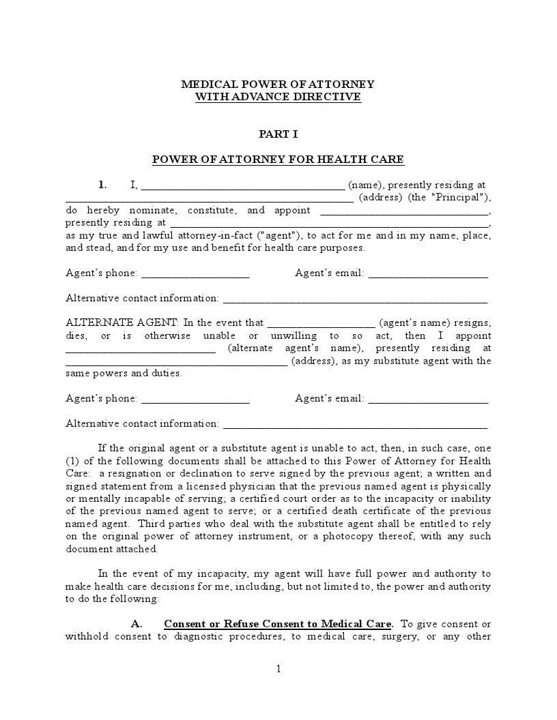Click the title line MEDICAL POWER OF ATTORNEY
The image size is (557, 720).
278,85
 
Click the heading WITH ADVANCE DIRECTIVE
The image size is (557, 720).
278,97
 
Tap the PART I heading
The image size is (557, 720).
278,134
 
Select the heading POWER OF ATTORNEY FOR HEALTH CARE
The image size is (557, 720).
278,160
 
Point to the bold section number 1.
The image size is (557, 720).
102,185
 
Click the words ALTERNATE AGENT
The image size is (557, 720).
122,323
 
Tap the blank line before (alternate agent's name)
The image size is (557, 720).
141,349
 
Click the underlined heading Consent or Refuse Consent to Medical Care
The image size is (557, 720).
278,625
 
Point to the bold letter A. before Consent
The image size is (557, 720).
137,625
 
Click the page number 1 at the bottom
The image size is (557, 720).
278,670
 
